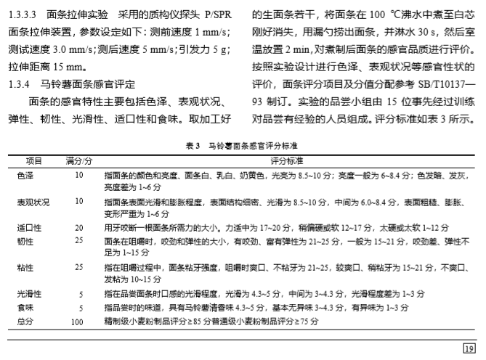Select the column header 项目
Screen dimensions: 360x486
pos(34,160)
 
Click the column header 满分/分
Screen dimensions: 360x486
pos(78,160)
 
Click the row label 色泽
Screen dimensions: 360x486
pos(25,175)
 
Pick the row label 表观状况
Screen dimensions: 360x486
pos(33,201)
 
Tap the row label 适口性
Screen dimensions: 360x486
pos(29,227)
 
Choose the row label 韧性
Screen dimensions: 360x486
pos(25,240)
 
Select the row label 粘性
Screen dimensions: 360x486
pos(25,266)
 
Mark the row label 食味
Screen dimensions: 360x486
pos(25,306)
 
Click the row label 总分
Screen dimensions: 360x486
pos(25,319)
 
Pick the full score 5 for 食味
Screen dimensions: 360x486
pos(81,306)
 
